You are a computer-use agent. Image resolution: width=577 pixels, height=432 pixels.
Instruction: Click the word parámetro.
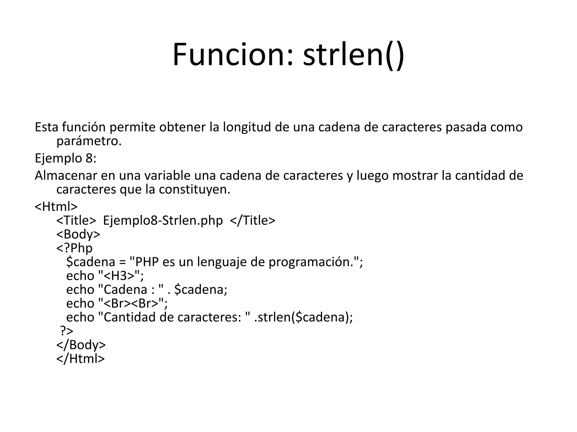[89, 141]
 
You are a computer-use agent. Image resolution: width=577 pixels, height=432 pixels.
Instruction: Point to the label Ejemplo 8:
[66, 158]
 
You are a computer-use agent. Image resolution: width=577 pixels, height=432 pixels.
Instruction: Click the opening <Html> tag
[56, 207]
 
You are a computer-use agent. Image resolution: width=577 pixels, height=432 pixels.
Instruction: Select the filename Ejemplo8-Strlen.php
[163, 220]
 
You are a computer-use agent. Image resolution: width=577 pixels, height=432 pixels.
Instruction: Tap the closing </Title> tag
[252, 220]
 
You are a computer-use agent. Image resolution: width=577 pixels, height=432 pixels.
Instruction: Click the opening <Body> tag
[78, 234]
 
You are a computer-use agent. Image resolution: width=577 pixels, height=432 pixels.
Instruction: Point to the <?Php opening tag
[74, 248]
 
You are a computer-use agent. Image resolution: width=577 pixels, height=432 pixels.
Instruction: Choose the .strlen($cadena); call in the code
[303, 318]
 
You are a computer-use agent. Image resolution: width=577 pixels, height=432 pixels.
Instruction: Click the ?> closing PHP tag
[66, 331]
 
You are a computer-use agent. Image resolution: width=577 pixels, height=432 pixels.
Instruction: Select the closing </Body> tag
[81, 345]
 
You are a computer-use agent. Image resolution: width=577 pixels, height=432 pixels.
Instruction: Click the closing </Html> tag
[81, 359]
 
